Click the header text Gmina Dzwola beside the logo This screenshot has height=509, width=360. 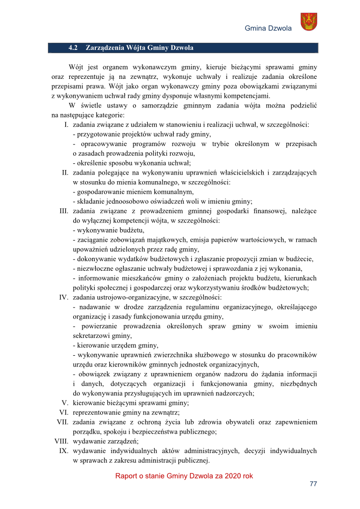(x=268, y=28)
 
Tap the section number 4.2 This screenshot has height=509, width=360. (x=72, y=48)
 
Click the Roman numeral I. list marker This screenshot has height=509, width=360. (x=66, y=124)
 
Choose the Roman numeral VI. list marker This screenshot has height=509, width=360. (x=64, y=413)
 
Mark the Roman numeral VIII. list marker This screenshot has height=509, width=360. (x=62, y=442)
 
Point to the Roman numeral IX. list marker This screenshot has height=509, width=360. (x=64, y=451)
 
